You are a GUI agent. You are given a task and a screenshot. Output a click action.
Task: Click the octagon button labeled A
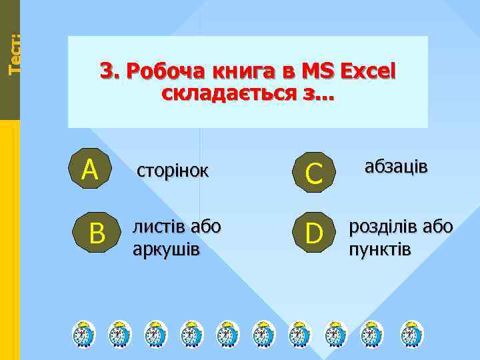[90, 169]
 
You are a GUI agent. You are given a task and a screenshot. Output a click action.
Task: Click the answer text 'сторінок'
[173, 171]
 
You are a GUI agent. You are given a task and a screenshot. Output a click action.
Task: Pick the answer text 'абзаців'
[396, 167]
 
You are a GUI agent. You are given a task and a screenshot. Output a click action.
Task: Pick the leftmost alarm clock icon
[84, 333]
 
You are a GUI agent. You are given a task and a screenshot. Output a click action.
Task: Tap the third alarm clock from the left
[156, 333]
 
